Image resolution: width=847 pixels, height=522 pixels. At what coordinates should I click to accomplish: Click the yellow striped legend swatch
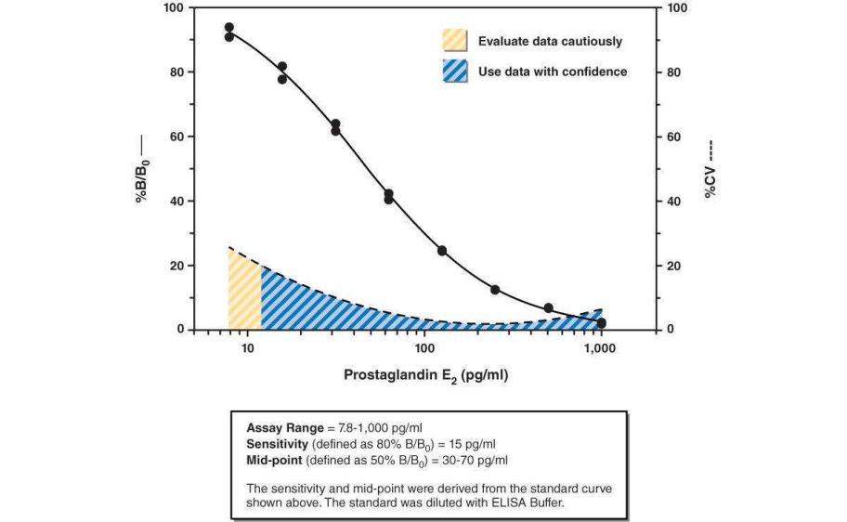click(455, 41)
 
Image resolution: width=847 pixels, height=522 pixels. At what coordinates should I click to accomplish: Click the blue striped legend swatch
click(455, 72)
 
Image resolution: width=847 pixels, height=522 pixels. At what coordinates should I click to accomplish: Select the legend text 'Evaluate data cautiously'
click(550, 41)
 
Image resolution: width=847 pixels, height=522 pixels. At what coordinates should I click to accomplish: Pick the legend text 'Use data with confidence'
click(553, 72)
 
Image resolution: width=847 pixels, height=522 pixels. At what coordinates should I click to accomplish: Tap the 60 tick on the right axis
click(676, 137)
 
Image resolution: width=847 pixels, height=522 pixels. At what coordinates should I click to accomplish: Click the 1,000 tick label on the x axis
click(601, 347)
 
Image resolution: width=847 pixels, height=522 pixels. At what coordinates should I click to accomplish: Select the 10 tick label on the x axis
click(247, 347)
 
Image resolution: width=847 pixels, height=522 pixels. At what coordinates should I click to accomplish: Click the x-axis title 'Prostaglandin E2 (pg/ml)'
click(426, 376)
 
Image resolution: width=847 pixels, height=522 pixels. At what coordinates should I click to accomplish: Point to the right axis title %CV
click(710, 169)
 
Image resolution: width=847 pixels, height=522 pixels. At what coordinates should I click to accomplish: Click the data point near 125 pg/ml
click(442, 251)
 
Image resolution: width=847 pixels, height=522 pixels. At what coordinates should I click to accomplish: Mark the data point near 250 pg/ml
click(495, 290)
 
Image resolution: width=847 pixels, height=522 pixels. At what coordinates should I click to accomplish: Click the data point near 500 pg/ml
click(549, 307)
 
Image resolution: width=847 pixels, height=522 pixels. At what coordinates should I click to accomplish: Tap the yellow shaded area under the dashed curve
click(244, 295)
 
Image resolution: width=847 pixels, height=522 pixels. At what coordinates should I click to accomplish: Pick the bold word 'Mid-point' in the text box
click(275, 458)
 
